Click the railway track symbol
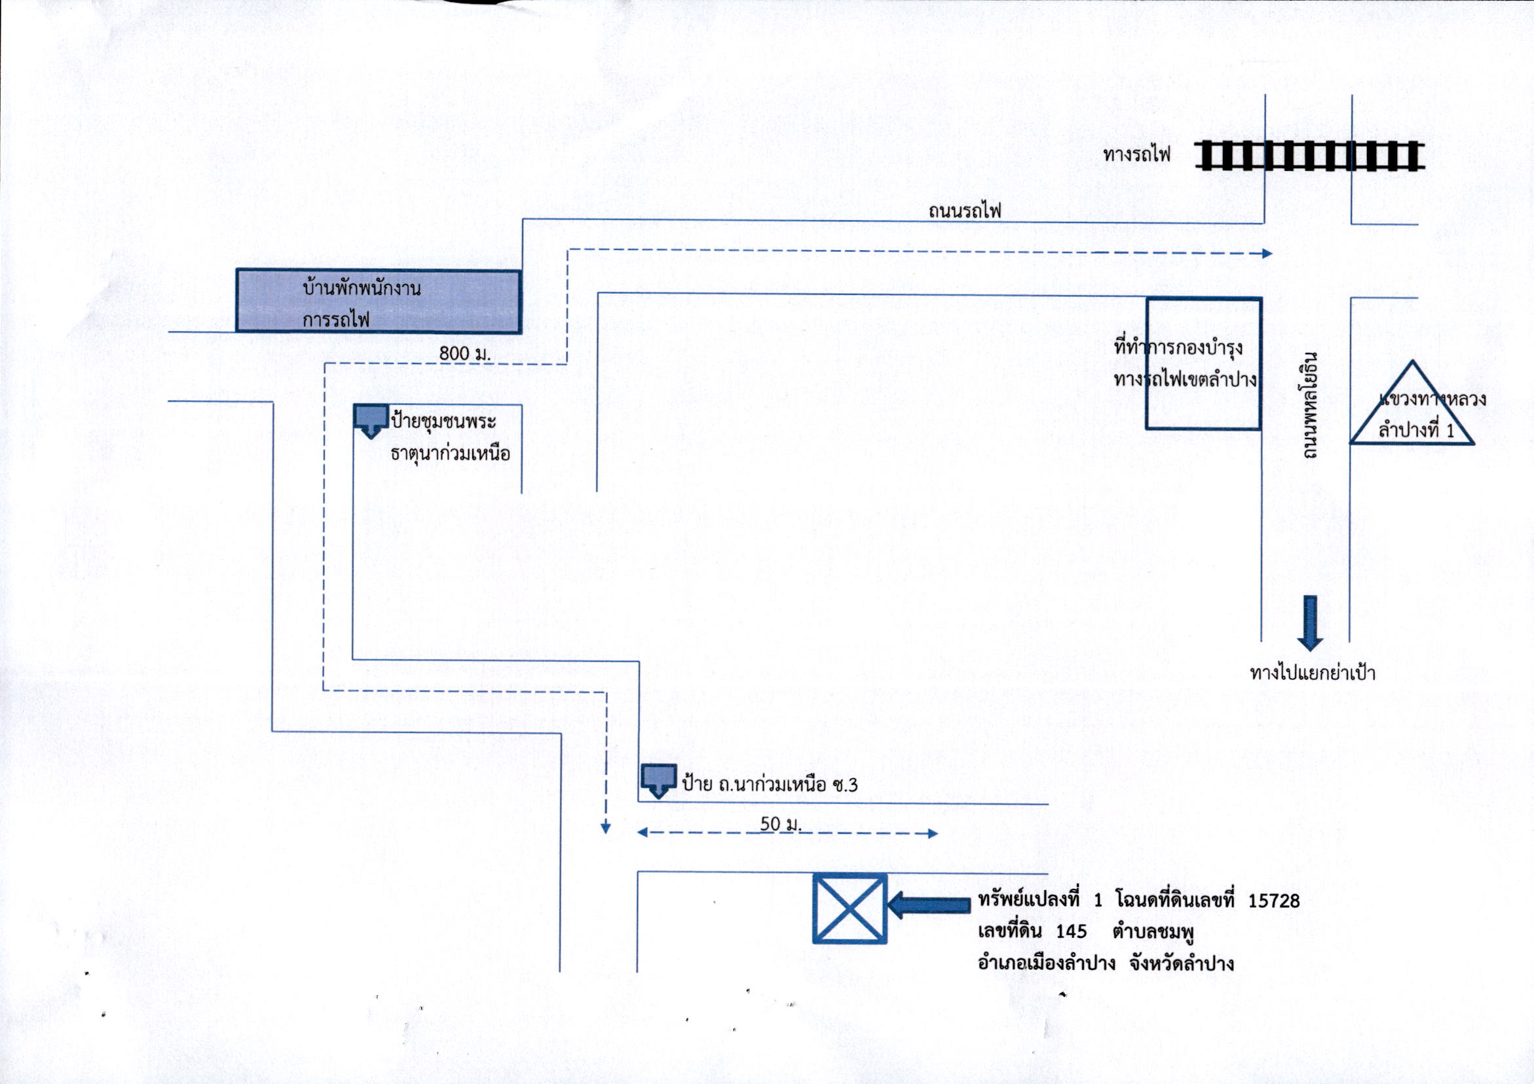tap(1309, 155)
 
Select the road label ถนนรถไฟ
tap(965, 211)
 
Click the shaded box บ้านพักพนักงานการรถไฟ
tap(378, 300)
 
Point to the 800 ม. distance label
tap(465, 353)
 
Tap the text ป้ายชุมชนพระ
tap(443, 422)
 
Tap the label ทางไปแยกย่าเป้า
tap(1312, 672)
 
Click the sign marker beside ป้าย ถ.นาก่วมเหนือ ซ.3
tap(659, 780)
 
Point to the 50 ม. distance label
tap(780, 823)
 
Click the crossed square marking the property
tap(850, 909)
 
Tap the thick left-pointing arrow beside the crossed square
tap(929, 905)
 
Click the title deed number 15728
tap(1274, 901)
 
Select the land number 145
tap(1072, 931)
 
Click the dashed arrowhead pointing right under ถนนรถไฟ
tap(1267, 254)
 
